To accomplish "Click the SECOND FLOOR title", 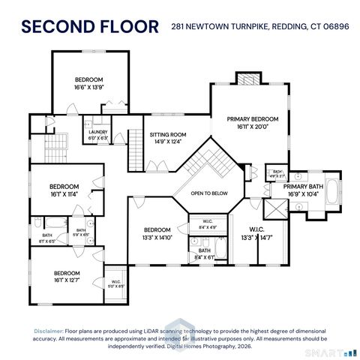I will coord(90,27).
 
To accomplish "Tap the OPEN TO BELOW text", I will coord(208,193).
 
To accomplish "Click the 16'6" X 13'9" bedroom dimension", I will coord(88,87).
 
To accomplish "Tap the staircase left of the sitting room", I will coord(134,149).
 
